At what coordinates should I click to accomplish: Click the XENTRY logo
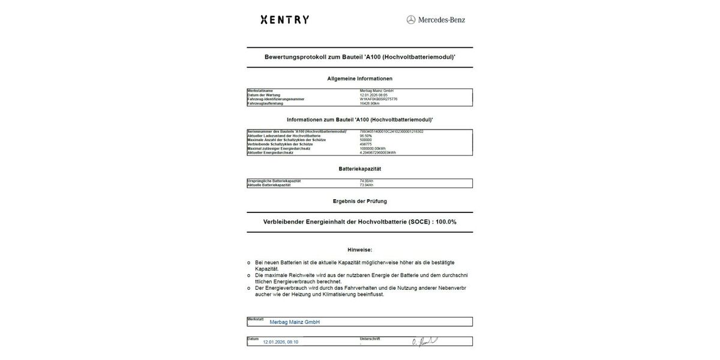coord(285,20)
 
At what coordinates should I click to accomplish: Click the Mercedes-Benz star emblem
coord(411,20)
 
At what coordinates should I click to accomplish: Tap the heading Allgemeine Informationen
coord(359,79)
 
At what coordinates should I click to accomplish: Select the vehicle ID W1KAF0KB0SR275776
coord(379,99)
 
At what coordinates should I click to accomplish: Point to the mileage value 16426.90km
coord(370,103)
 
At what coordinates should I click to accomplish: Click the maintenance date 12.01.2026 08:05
coord(374,95)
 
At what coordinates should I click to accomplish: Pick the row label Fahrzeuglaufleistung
coord(265,103)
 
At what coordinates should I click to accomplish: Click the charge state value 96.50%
coord(366,136)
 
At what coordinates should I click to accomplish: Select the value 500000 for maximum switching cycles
coord(366,140)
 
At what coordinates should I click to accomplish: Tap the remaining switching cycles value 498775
coord(366,144)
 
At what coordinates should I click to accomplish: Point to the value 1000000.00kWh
coord(373,148)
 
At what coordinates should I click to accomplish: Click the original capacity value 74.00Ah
coord(367,181)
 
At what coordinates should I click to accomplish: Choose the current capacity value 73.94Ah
coord(367,185)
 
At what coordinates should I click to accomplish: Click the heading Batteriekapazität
coord(359,169)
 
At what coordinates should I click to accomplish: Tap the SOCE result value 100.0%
coord(446,222)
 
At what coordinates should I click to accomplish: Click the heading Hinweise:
coord(359,250)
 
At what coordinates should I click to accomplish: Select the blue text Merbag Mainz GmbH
coord(295,322)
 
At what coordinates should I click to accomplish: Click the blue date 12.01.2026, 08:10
coord(280,342)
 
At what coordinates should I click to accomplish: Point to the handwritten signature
coord(424,341)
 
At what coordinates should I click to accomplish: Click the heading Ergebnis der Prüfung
coord(359,201)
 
